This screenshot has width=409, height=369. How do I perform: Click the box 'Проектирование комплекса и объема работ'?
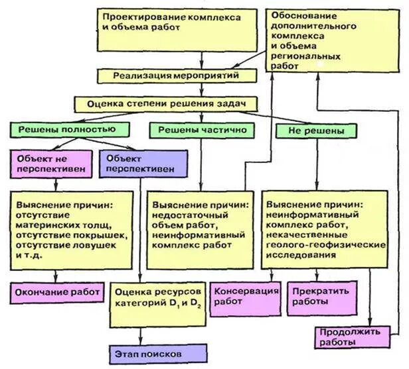[179, 29]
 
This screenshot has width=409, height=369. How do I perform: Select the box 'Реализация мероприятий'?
[179, 75]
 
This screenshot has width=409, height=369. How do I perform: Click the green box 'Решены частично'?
[199, 130]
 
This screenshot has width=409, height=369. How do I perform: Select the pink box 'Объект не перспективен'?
[50, 163]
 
